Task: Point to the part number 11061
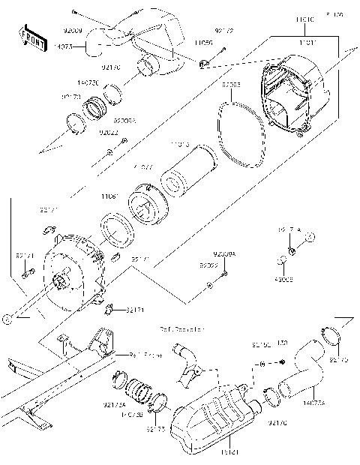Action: point(109,196)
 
